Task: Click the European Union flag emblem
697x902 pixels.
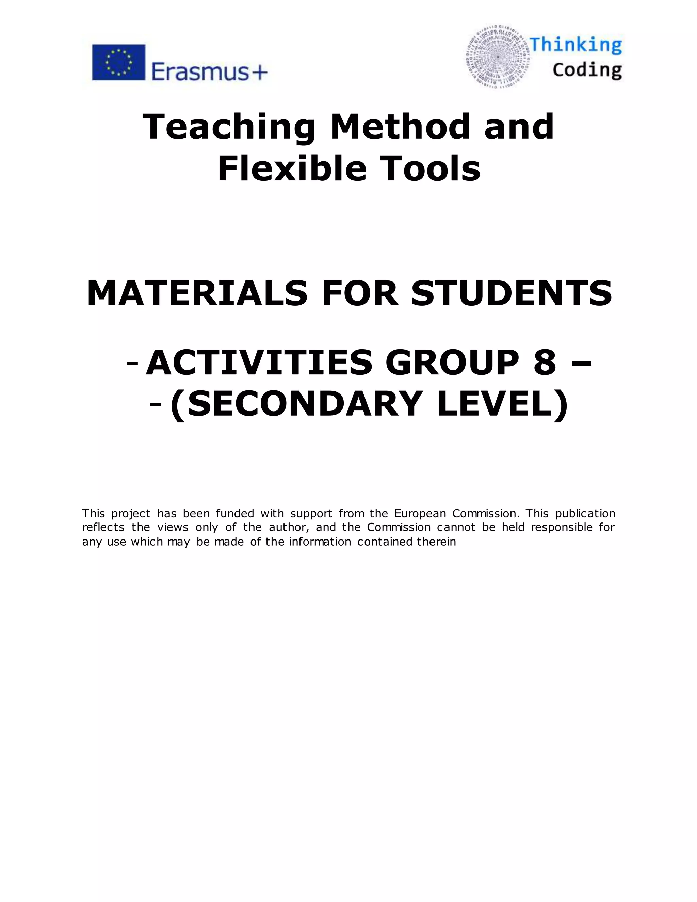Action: (118, 62)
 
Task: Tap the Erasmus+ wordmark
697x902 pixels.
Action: (209, 72)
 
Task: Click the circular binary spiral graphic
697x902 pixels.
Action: (498, 57)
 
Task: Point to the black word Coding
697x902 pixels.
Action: (587, 70)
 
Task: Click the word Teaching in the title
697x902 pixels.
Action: (229, 127)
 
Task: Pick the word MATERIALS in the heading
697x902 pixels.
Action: (197, 294)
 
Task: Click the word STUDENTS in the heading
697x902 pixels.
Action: (512, 294)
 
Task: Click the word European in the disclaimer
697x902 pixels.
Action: (420, 513)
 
